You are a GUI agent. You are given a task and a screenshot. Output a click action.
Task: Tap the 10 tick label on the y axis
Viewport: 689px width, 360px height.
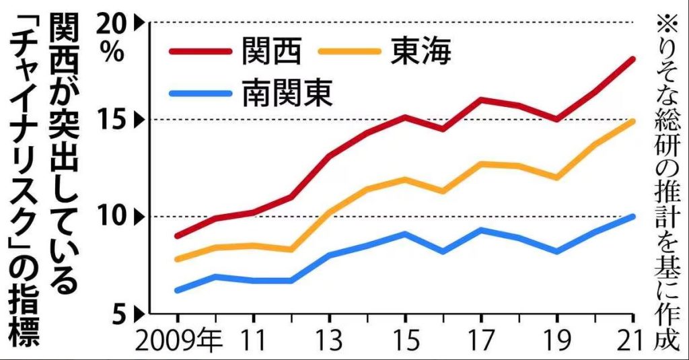coord(116,217)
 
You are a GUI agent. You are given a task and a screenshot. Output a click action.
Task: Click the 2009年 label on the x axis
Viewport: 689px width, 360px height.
coord(178,342)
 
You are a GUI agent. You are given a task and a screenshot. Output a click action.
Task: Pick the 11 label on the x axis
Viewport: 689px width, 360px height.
coord(253,342)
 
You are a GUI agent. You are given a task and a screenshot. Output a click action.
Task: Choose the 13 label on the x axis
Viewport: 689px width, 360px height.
coord(330,342)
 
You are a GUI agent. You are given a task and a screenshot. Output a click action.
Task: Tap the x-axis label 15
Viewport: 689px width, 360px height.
coord(405,342)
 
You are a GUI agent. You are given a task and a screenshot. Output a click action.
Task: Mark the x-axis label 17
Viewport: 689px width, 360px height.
coord(482,342)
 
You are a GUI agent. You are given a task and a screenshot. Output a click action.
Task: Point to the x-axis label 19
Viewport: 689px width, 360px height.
coord(558,342)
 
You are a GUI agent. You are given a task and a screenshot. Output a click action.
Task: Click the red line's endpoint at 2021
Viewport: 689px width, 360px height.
coord(633,59)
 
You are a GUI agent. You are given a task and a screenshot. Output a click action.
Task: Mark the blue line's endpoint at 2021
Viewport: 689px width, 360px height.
coord(633,216)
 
